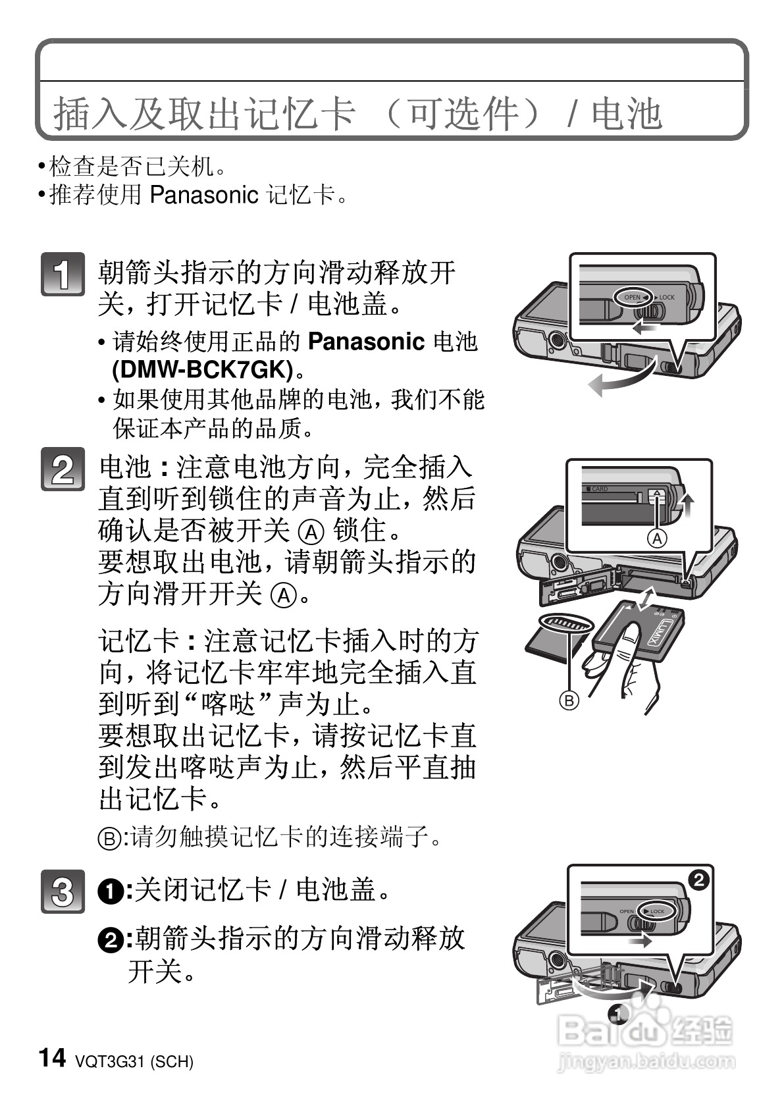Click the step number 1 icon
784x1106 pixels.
pos(63,274)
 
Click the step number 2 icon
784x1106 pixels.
pos(63,469)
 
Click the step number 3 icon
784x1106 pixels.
pos(63,891)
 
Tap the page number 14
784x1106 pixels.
pos(53,1058)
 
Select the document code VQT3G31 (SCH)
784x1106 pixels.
pos(134,1061)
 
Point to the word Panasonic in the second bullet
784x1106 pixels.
pos(204,195)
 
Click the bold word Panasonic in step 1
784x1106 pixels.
pos(366,341)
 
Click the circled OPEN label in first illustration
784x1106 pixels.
pos(631,297)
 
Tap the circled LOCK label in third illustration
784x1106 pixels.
pos(654,911)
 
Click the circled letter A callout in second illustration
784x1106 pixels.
pos(656,539)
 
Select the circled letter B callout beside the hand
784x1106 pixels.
pos(569,700)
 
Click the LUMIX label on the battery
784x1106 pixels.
pos(669,631)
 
